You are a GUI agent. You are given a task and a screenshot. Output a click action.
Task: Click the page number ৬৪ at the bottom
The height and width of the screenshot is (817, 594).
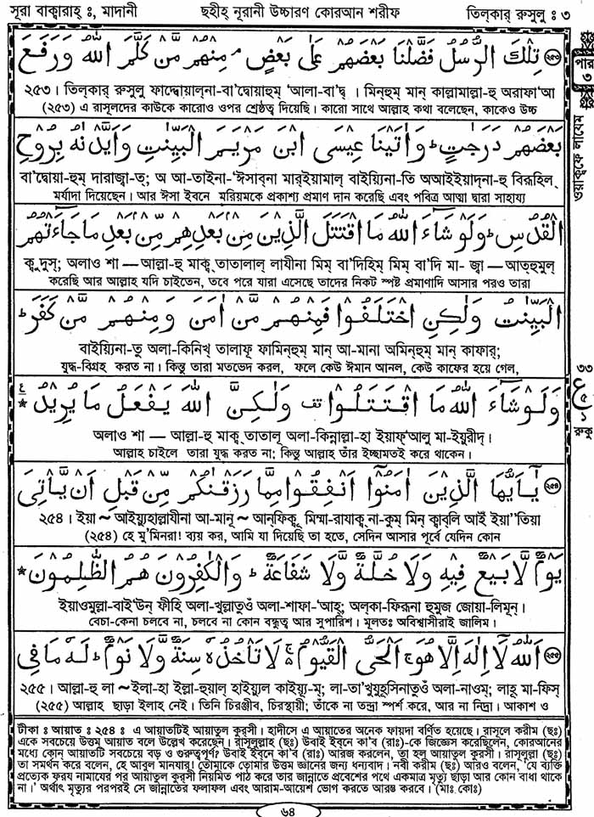(x=296, y=808)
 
